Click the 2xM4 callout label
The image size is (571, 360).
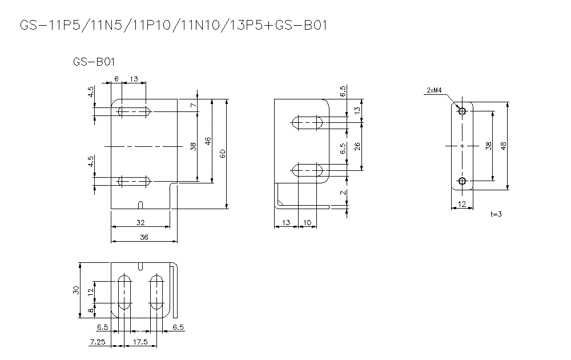(434, 90)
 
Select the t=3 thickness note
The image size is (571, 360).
(496, 214)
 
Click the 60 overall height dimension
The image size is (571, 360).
(223, 153)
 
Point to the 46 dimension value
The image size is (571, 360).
(208, 141)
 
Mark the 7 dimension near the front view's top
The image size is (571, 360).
(194, 105)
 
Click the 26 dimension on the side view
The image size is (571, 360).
(357, 146)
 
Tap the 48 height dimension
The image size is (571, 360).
(503, 146)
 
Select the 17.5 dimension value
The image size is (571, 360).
(139, 342)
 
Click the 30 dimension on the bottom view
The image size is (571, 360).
(75, 290)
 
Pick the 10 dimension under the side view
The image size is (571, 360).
(307, 222)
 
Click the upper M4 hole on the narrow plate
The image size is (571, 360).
(463, 111)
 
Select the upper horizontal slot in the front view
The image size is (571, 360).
(134, 111)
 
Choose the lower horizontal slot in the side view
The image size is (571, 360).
(307, 170)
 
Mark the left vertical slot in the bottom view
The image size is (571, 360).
(123, 293)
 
